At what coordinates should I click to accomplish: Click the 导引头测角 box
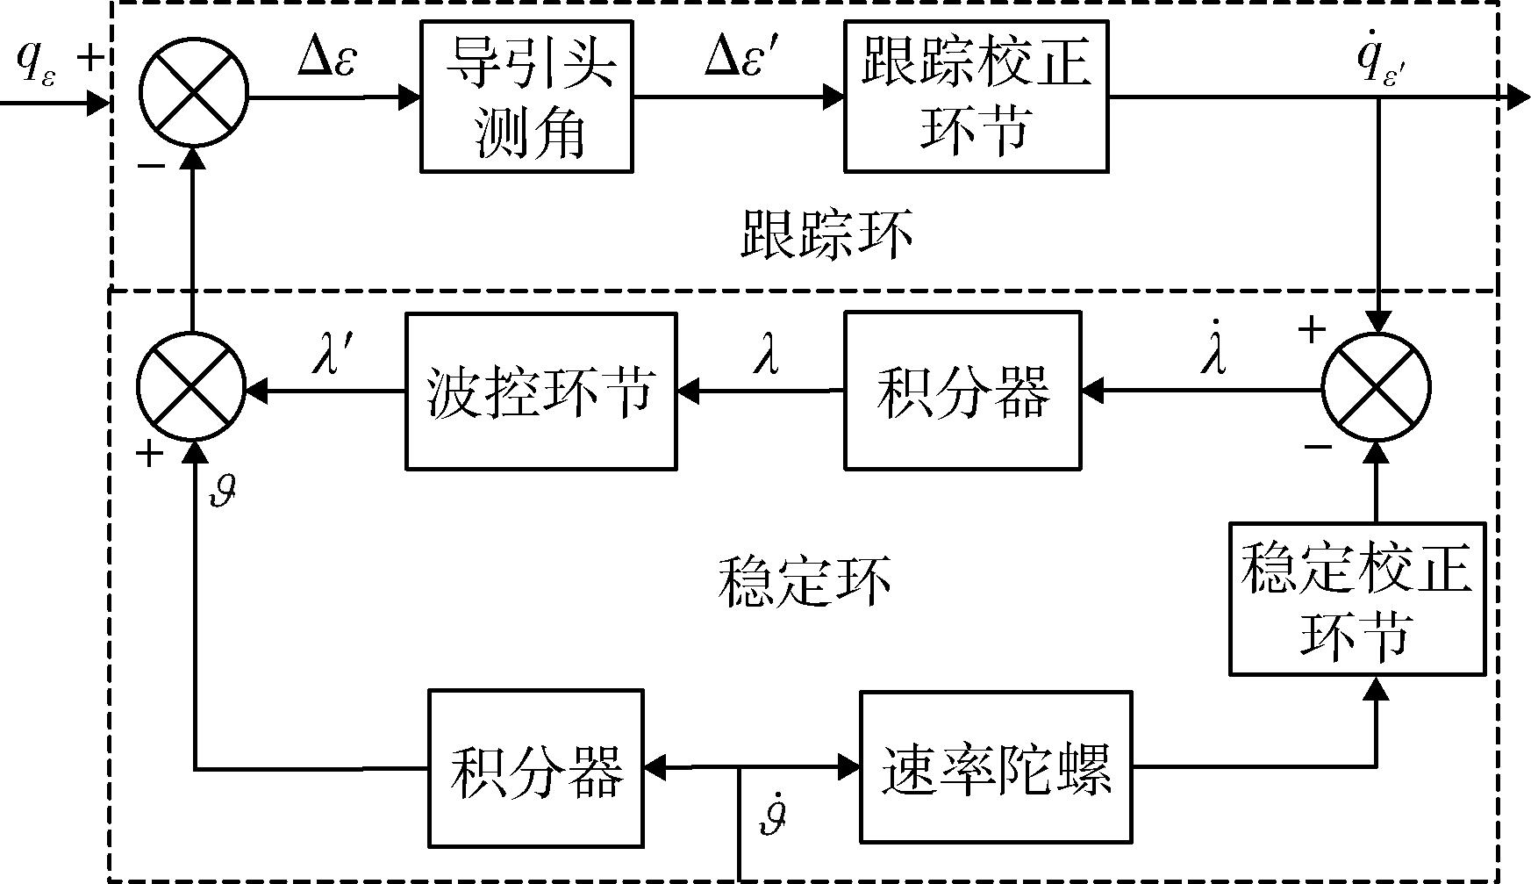coord(526,97)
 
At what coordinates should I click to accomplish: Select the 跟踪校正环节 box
coord(976,97)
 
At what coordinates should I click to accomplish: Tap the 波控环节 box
coord(540,390)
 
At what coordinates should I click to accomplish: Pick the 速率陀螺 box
coord(995,766)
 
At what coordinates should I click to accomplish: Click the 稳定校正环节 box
coord(1356,599)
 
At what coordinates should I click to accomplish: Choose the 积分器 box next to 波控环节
coord(962,390)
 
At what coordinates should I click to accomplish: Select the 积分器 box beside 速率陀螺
coord(535,769)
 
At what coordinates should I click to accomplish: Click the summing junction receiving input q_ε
coord(194,91)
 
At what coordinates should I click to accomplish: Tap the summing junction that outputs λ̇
coord(1376,388)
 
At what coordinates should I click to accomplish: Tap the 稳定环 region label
coord(804,581)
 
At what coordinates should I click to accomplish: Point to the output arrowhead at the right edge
coord(1518,97)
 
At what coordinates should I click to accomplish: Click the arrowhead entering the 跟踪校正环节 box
coord(833,97)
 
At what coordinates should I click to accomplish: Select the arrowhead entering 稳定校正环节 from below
coord(1376,687)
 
